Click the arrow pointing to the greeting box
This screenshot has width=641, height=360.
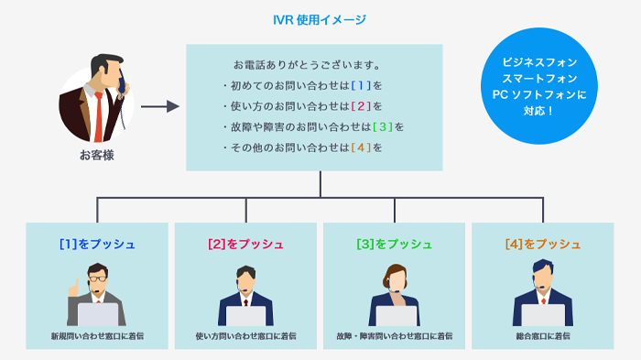click(x=159, y=107)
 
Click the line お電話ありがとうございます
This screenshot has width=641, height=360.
click(x=307, y=66)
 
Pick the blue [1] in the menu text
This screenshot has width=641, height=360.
click(x=361, y=86)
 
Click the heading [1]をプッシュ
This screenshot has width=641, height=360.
click(x=97, y=245)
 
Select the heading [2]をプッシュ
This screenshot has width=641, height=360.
click(x=245, y=245)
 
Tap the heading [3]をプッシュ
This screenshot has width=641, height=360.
click(x=395, y=245)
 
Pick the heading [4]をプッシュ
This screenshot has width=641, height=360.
click(x=543, y=245)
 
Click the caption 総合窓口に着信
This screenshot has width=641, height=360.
click(x=543, y=337)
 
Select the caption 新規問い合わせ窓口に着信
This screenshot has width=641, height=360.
click(x=97, y=337)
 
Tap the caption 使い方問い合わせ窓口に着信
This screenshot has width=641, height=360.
click(x=245, y=337)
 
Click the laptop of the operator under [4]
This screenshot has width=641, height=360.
click(x=543, y=314)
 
